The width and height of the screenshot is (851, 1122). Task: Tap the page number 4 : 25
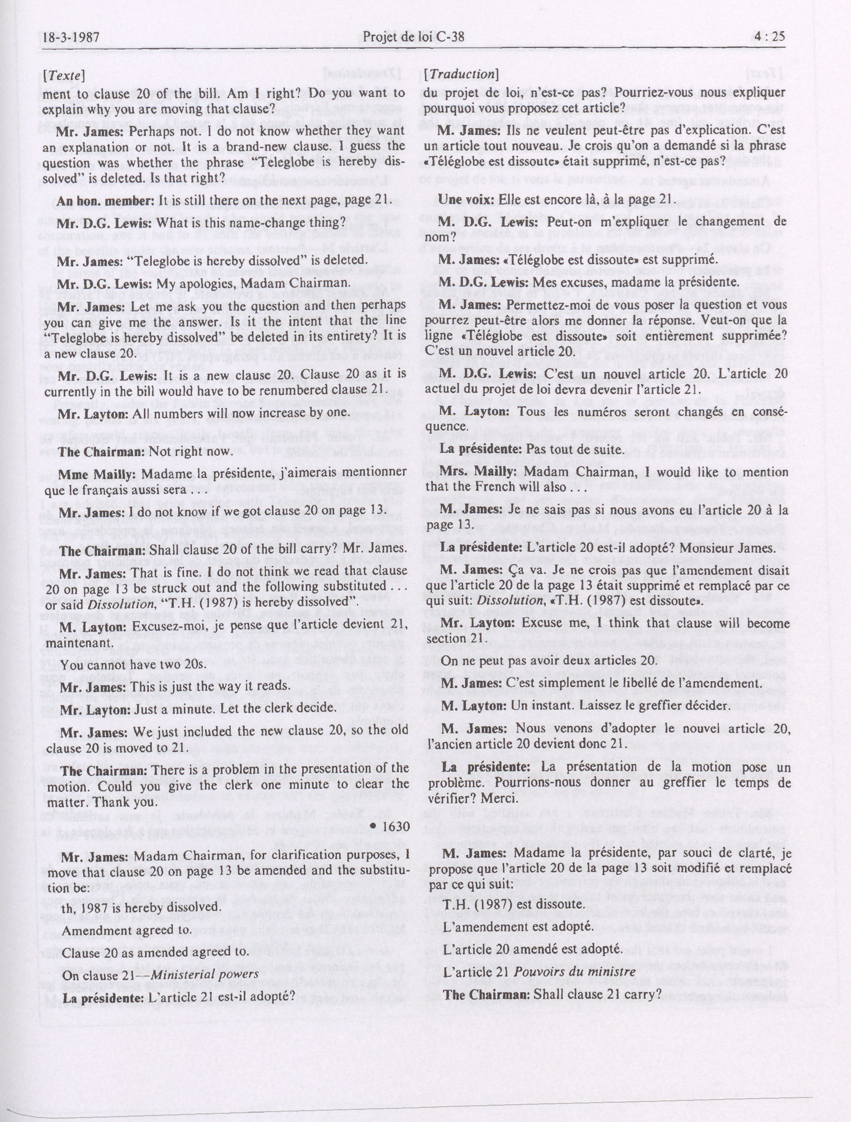click(x=769, y=36)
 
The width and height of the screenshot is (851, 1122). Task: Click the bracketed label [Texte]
click(x=64, y=75)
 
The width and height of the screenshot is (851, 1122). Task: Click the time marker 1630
click(x=390, y=826)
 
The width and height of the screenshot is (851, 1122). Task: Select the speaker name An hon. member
click(x=104, y=201)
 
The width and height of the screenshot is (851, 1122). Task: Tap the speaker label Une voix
click(x=465, y=199)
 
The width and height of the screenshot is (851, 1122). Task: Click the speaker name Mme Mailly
click(x=96, y=474)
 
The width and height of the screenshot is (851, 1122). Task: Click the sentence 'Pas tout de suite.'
click(x=574, y=450)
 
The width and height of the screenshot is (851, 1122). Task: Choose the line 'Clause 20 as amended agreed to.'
click(x=155, y=952)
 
